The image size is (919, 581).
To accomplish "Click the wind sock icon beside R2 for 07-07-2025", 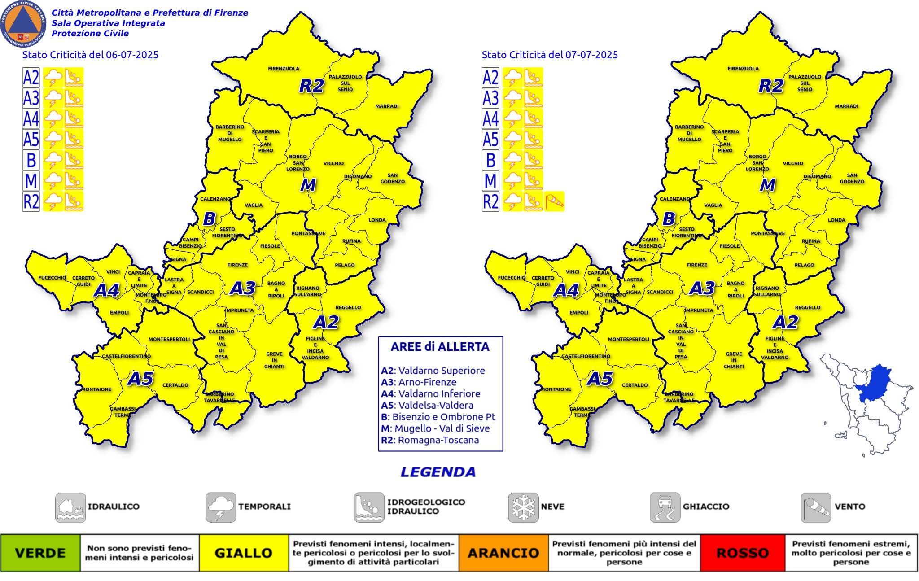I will click(x=555, y=201).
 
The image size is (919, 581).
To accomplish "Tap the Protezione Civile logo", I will click(x=23, y=23).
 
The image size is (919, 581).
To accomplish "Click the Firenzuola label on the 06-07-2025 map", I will click(x=284, y=69).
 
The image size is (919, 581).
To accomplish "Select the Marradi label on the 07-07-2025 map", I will click(x=846, y=106).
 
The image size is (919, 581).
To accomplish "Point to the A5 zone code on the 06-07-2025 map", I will click(x=140, y=379).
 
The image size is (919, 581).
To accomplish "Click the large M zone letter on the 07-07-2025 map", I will click(x=767, y=185).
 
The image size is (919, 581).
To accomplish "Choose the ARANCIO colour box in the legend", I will click(x=503, y=553).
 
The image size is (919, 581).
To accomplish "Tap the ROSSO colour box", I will click(x=743, y=553).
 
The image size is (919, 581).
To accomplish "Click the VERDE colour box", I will click(x=40, y=553).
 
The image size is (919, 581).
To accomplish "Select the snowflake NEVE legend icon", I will click(x=523, y=507).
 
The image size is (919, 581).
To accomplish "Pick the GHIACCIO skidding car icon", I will click(x=665, y=507).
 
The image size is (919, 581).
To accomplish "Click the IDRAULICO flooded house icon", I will click(x=70, y=507).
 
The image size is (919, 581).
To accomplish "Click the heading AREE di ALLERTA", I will click(x=440, y=347).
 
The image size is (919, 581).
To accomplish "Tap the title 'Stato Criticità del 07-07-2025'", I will click(x=550, y=55).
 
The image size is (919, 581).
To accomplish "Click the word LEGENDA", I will click(x=438, y=472).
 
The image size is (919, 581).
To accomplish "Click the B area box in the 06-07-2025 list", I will click(x=31, y=160).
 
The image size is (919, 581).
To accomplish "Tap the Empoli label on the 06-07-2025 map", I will click(x=119, y=313).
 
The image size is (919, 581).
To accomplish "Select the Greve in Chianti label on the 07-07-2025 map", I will click(x=734, y=360).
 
